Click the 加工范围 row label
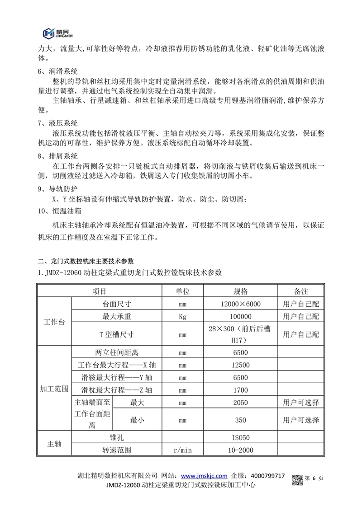[x=54, y=388]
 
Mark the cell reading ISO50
[x=241, y=437]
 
